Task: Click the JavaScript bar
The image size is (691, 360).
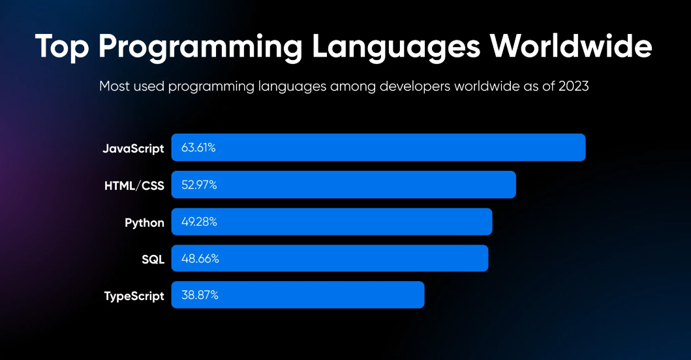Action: (x=378, y=147)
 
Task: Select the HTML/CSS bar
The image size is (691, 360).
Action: (x=343, y=185)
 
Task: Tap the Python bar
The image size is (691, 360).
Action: (x=331, y=222)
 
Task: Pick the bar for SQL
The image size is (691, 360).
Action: (x=330, y=258)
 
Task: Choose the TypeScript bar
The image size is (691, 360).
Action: (x=298, y=295)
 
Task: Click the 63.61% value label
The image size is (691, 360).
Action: (x=198, y=147)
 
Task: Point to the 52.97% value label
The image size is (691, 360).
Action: (x=199, y=185)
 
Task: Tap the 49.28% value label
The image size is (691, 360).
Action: (x=199, y=222)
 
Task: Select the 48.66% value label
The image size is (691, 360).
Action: (x=200, y=259)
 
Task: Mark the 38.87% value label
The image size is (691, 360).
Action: (x=200, y=295)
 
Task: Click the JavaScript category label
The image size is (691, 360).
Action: (x=133, y=149)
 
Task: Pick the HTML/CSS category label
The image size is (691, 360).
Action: (x=134, y=185)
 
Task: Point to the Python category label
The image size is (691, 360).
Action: (x=144, y=223)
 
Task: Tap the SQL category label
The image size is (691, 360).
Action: (x=153, y=260)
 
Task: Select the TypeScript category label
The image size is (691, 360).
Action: (x=134, y=296)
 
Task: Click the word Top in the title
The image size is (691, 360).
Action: (x=62, y=46)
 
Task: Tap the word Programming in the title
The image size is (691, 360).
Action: (x=200, y=47)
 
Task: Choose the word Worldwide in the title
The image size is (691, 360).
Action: (x=571, y=46)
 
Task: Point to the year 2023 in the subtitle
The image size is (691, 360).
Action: (x=574, y=86)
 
